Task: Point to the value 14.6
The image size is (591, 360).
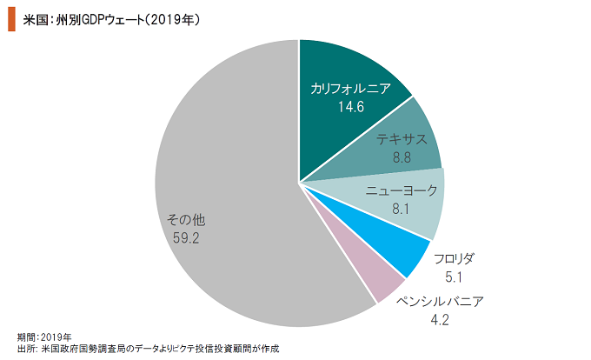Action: pos(350,107)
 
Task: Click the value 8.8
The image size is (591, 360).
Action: pos(402,157)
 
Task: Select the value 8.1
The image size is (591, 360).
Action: pos(401,209)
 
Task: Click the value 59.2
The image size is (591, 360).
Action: pos(186,238)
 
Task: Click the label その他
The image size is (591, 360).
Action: pos(186,220)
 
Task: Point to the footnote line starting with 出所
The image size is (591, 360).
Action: pos(148,348)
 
